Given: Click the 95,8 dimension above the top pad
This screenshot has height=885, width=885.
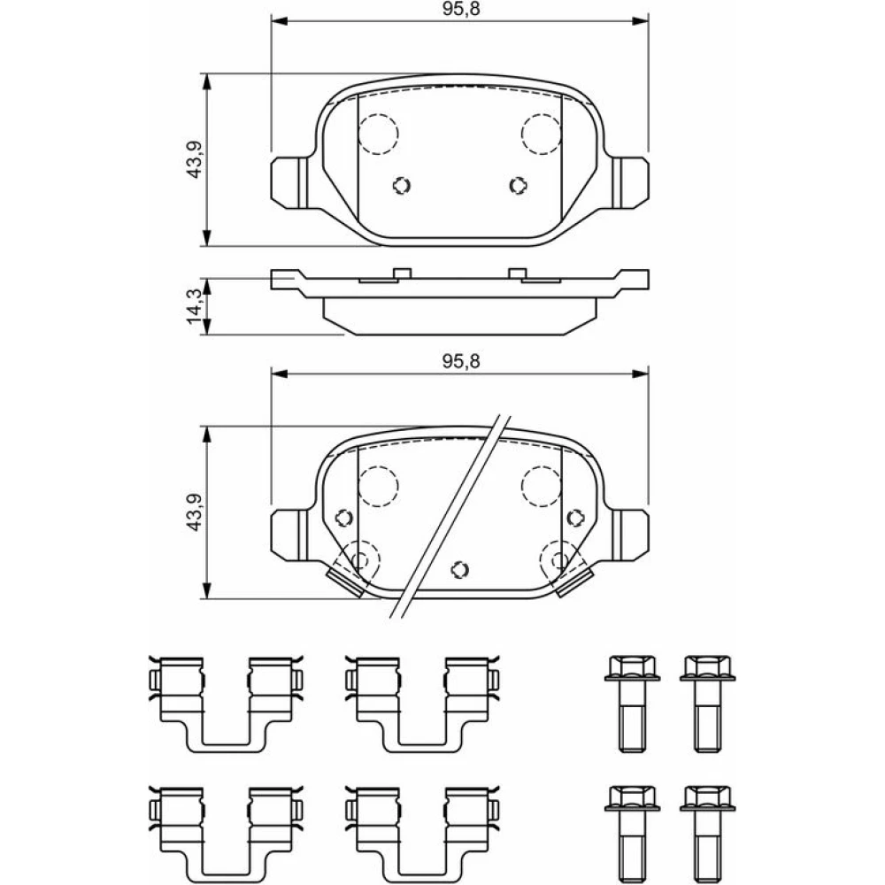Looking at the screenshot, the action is (460, 10).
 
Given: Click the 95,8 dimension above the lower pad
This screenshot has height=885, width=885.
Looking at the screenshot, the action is (460, 361).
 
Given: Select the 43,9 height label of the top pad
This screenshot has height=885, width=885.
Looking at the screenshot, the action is (194, 159).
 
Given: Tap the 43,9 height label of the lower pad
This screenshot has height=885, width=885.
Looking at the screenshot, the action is (194, 512).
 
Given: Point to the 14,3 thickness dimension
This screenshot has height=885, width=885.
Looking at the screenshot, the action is (194, 306).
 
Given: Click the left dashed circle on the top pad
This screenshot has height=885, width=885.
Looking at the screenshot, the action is (379, 134).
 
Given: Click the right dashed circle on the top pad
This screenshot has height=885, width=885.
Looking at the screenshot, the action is (542, 134).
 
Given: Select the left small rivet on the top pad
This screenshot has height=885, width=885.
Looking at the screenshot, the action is (401, 185).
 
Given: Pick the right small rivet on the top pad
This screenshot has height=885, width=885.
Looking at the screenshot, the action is (518, 185).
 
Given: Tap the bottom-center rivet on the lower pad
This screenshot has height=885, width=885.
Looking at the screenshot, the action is (460, 569).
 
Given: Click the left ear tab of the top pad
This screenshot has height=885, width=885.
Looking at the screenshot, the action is (290, 182).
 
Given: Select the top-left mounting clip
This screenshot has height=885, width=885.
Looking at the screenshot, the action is (226, 704).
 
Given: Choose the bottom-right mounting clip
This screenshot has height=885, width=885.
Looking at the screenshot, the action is (422, 834).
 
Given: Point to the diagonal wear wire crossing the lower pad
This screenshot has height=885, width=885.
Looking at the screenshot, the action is (450, 517).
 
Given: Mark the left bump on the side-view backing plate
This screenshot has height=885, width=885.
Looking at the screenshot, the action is (402, 273).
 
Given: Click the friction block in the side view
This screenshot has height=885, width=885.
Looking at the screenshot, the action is (459, 316).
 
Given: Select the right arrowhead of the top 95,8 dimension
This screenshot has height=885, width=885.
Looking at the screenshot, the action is (640, 21).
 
